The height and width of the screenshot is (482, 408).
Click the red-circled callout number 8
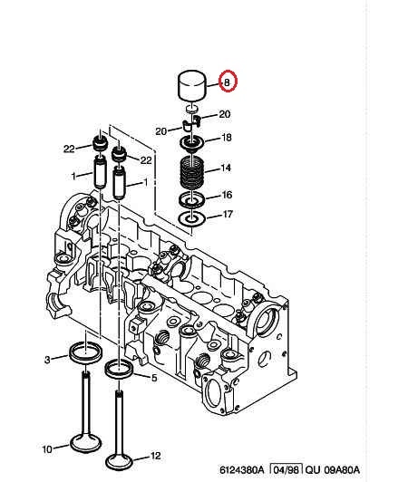pyautogui.click(x=227, y=82)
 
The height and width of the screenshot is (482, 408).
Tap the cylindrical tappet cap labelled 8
pyautogui.click(x=191, y=85)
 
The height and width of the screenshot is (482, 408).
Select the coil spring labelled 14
pyautogui.click(x=191, y=173)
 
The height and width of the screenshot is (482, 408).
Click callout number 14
pyautogui.click(x=226, y=168)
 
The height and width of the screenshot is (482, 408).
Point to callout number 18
pyautogui.click(x=226, y=137)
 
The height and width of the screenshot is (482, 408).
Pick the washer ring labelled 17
pyautogui.click(x=192, y=219)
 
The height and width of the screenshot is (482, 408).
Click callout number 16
pyautogui.click(x=227, y=195)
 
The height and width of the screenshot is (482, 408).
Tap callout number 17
pyautogui.click(x=228, y=214)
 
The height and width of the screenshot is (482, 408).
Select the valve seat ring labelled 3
pyautogui.click(x=86, y=352)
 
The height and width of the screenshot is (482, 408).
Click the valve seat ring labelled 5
pyautogui.click(x=119, y=369)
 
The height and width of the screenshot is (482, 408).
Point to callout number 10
pyautogui.click(x=47, y=449)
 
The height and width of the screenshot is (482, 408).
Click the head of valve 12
pyautogui.click(x=119, y=461)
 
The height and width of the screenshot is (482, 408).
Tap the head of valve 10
pyautogui.click(x=86, y=442)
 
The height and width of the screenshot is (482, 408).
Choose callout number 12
pyautogui.click(x=155, y=455)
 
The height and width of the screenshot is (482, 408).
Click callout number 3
pyautogui.click(x=47, y=360)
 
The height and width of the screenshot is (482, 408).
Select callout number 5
pyautogui.click(x=154, y=378)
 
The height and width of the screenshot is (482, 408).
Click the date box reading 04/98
pyautogui.click(x=287, y=469)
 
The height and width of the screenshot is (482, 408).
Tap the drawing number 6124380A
pyautogui.click(x=242, y=469)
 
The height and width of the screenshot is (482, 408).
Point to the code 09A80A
pyautogui.click(x=342, y=469)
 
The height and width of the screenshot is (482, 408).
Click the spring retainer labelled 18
pyautogui.click(x=191, y=143)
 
